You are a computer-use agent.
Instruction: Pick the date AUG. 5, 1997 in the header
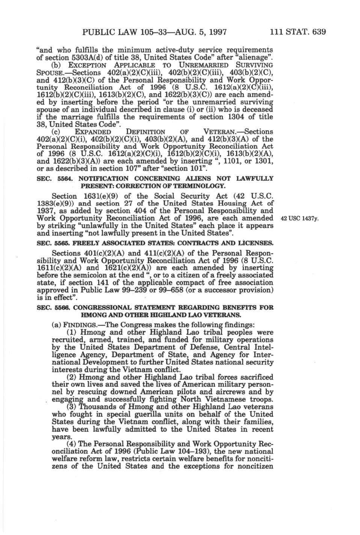(x=199, y=32)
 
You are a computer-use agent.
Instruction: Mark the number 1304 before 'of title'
(x=236, y=117)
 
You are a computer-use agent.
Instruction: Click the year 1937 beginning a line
(x=46, y=211)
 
